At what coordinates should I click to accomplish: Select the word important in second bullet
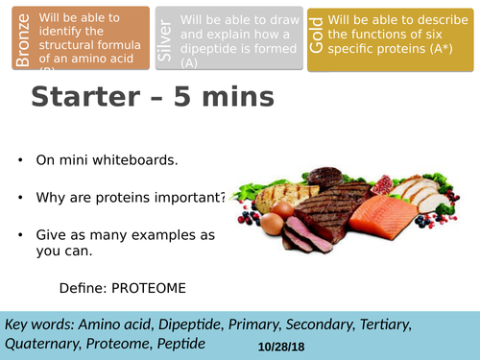tap(189, 198)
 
